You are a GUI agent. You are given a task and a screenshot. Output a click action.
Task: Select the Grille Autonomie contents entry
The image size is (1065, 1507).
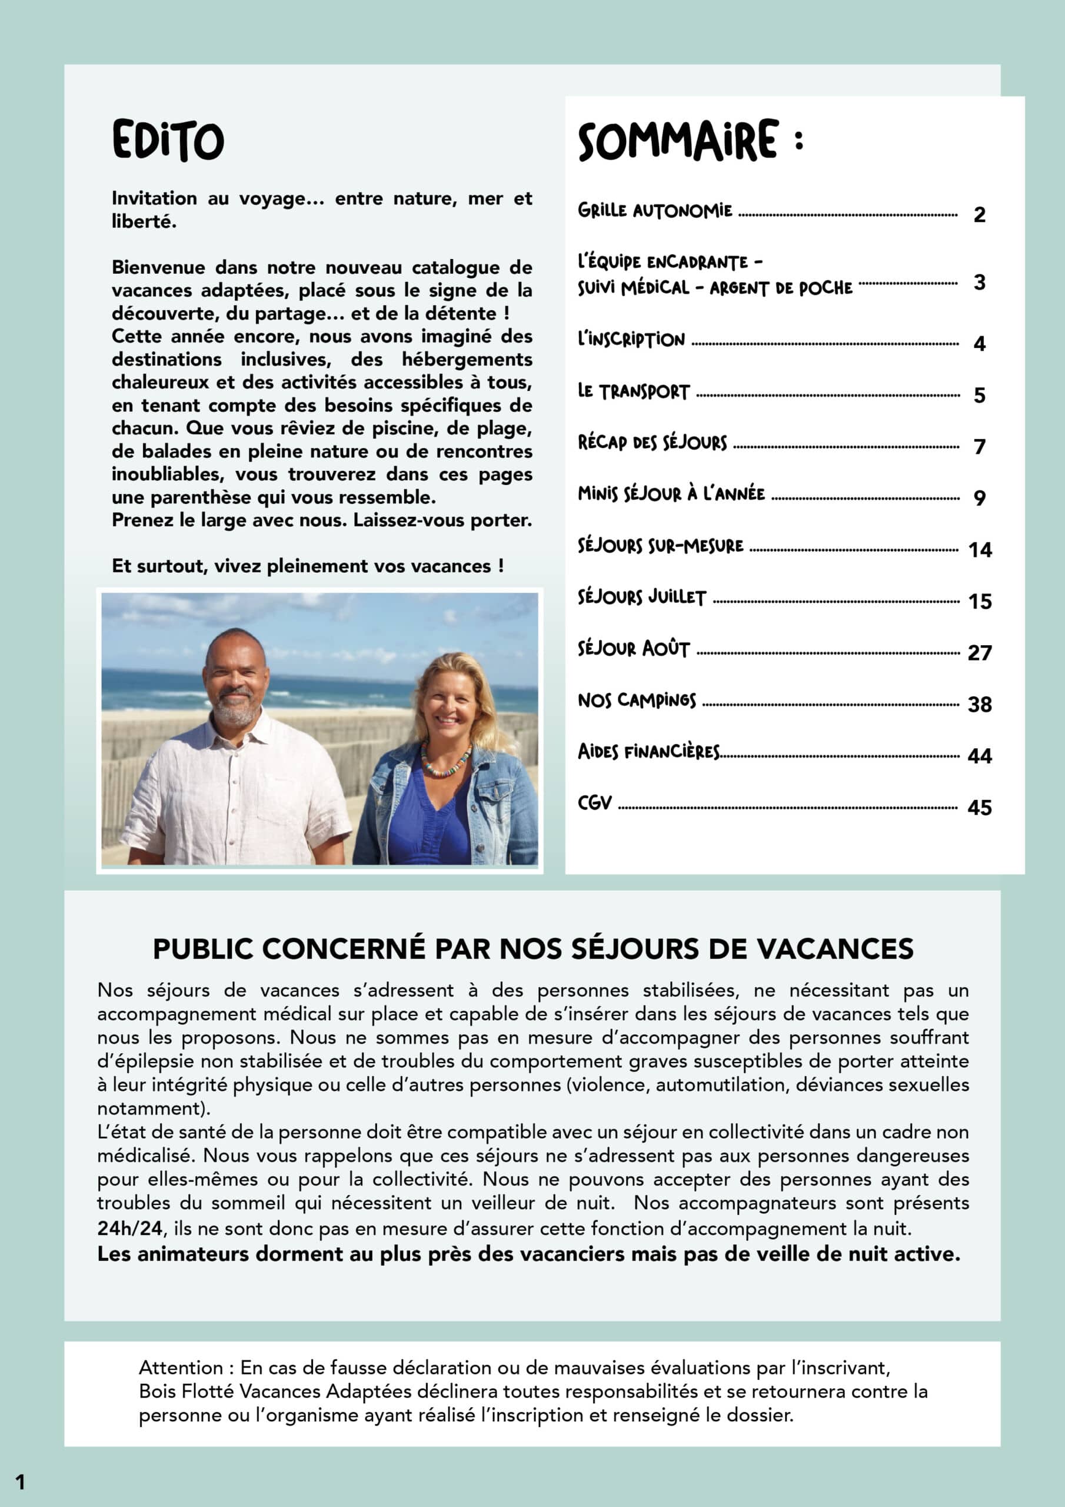pos(654,211)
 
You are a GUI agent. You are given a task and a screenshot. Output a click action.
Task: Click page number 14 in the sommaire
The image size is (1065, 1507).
pos(980,549)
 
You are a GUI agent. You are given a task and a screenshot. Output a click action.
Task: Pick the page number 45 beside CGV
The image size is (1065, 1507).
pos(979,807)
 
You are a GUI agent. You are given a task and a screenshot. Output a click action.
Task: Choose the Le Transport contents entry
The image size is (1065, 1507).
pos(633,392)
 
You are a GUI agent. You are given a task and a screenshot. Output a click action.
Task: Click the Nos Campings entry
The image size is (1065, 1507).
pos(637,701)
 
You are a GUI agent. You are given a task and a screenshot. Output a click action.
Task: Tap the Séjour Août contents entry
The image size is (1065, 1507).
pos(633,649)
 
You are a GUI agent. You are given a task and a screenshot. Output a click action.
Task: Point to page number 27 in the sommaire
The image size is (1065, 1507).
pos(979,652)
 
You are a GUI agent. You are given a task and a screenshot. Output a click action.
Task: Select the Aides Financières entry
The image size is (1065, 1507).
pos(648,752)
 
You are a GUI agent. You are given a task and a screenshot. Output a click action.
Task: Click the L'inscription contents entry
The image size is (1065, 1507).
pos(631,339)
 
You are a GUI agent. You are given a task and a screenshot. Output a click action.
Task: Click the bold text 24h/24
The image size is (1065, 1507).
pos(129,1229)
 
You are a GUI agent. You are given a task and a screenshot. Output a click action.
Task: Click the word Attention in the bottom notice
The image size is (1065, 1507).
pos(181,1368)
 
